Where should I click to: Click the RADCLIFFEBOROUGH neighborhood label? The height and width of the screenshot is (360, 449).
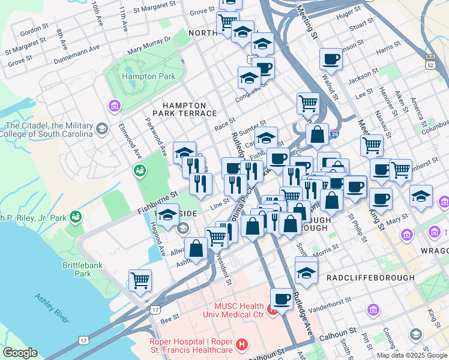(370, 278)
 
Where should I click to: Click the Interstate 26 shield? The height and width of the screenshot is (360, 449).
(335, 136)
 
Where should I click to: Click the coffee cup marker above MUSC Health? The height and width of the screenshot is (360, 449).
(282, 298)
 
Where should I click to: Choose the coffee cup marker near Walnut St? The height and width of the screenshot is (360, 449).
(331, 59)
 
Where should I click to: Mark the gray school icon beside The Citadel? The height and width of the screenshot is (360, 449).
(101, 128)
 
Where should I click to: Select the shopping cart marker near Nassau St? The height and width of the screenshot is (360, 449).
(372, 145)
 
